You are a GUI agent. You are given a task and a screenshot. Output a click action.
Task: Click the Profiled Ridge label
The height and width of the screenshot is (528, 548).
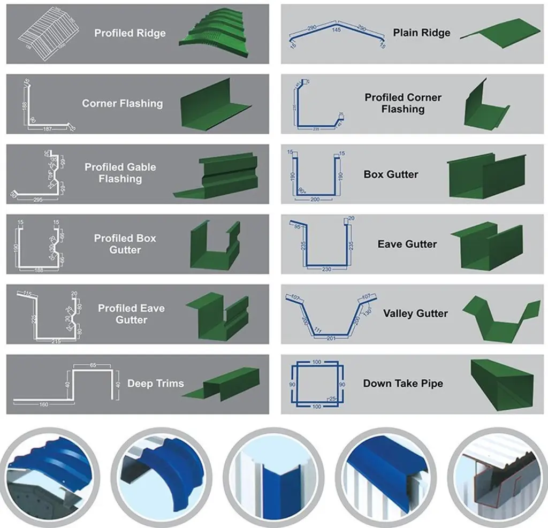tap(130, 33)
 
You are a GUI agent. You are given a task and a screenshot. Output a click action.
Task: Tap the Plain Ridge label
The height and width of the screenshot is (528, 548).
tap(422, 33)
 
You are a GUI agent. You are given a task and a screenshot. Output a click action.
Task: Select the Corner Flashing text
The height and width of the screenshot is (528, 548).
tap(122, 103)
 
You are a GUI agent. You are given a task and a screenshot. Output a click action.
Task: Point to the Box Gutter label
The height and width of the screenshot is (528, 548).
tap(391, 174)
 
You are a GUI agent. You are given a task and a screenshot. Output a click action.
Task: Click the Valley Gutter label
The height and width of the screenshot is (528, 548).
tap(415, 313)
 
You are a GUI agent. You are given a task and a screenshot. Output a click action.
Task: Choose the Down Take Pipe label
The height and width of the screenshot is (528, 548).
tap(403, 383)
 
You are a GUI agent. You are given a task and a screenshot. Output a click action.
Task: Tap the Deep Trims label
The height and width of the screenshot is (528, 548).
tap(155, 383)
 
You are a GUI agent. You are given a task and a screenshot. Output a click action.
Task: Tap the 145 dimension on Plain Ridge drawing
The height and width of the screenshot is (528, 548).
tap(336, 29)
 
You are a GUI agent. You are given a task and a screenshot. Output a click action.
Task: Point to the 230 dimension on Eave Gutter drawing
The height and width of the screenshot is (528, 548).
tap(327, 269)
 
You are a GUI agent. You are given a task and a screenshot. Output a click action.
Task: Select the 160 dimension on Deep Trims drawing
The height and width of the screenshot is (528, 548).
tap(44, 404)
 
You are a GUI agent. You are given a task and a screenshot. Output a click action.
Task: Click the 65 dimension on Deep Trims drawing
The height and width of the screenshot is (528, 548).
tap(93, 365)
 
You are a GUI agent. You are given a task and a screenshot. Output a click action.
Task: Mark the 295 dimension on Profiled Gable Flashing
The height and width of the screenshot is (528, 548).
tap(37, 200)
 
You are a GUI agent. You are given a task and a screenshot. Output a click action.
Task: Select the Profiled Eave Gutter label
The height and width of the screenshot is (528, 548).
tap(131, 313)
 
